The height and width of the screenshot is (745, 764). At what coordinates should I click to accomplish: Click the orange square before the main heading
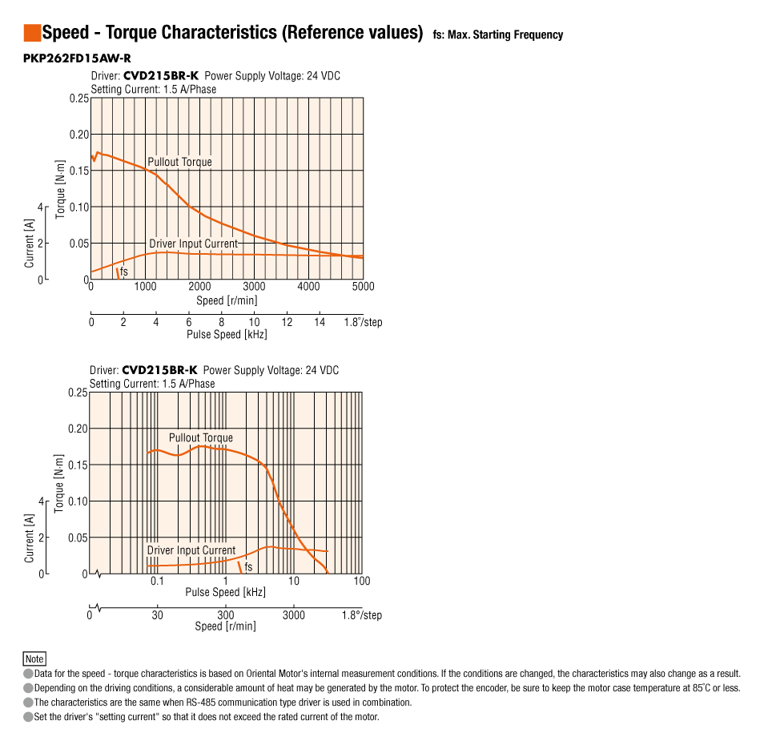point(32,33)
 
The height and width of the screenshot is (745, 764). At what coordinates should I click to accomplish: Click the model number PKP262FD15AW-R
point(77,58)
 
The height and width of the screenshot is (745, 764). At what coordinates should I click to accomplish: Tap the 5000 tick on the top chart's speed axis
point(363,287)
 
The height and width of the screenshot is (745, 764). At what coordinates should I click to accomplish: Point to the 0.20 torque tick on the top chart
point(78,135)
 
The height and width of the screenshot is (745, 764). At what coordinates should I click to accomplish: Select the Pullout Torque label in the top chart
point(179,162)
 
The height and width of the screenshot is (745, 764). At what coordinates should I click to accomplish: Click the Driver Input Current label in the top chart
point(193,244)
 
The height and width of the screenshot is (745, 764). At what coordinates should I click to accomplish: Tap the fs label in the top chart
point(124,272)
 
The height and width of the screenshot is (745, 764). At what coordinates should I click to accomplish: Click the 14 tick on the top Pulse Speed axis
point(320,322)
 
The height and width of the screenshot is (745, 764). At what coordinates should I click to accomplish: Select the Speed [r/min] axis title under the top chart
point(227,301)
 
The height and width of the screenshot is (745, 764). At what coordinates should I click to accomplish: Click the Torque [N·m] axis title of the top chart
point(61,188)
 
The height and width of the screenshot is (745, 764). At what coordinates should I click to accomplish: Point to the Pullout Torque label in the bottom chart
point(200,438)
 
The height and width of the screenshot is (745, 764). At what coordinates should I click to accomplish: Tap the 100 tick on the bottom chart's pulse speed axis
point(362,581)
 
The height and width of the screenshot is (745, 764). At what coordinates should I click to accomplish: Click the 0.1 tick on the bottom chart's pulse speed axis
point(157,581)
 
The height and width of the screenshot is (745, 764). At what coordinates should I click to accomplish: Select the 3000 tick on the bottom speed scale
point(294,615)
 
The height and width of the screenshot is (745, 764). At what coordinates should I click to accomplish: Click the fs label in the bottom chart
point(248,567)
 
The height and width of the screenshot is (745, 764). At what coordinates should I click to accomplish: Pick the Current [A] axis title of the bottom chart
point(30,538)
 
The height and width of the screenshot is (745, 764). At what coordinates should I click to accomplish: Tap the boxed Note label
point(34,659)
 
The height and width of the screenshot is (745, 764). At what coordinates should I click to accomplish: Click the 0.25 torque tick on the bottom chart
point(77,393)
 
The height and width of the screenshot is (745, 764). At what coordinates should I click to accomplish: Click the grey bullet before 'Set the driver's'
point(28,717)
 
